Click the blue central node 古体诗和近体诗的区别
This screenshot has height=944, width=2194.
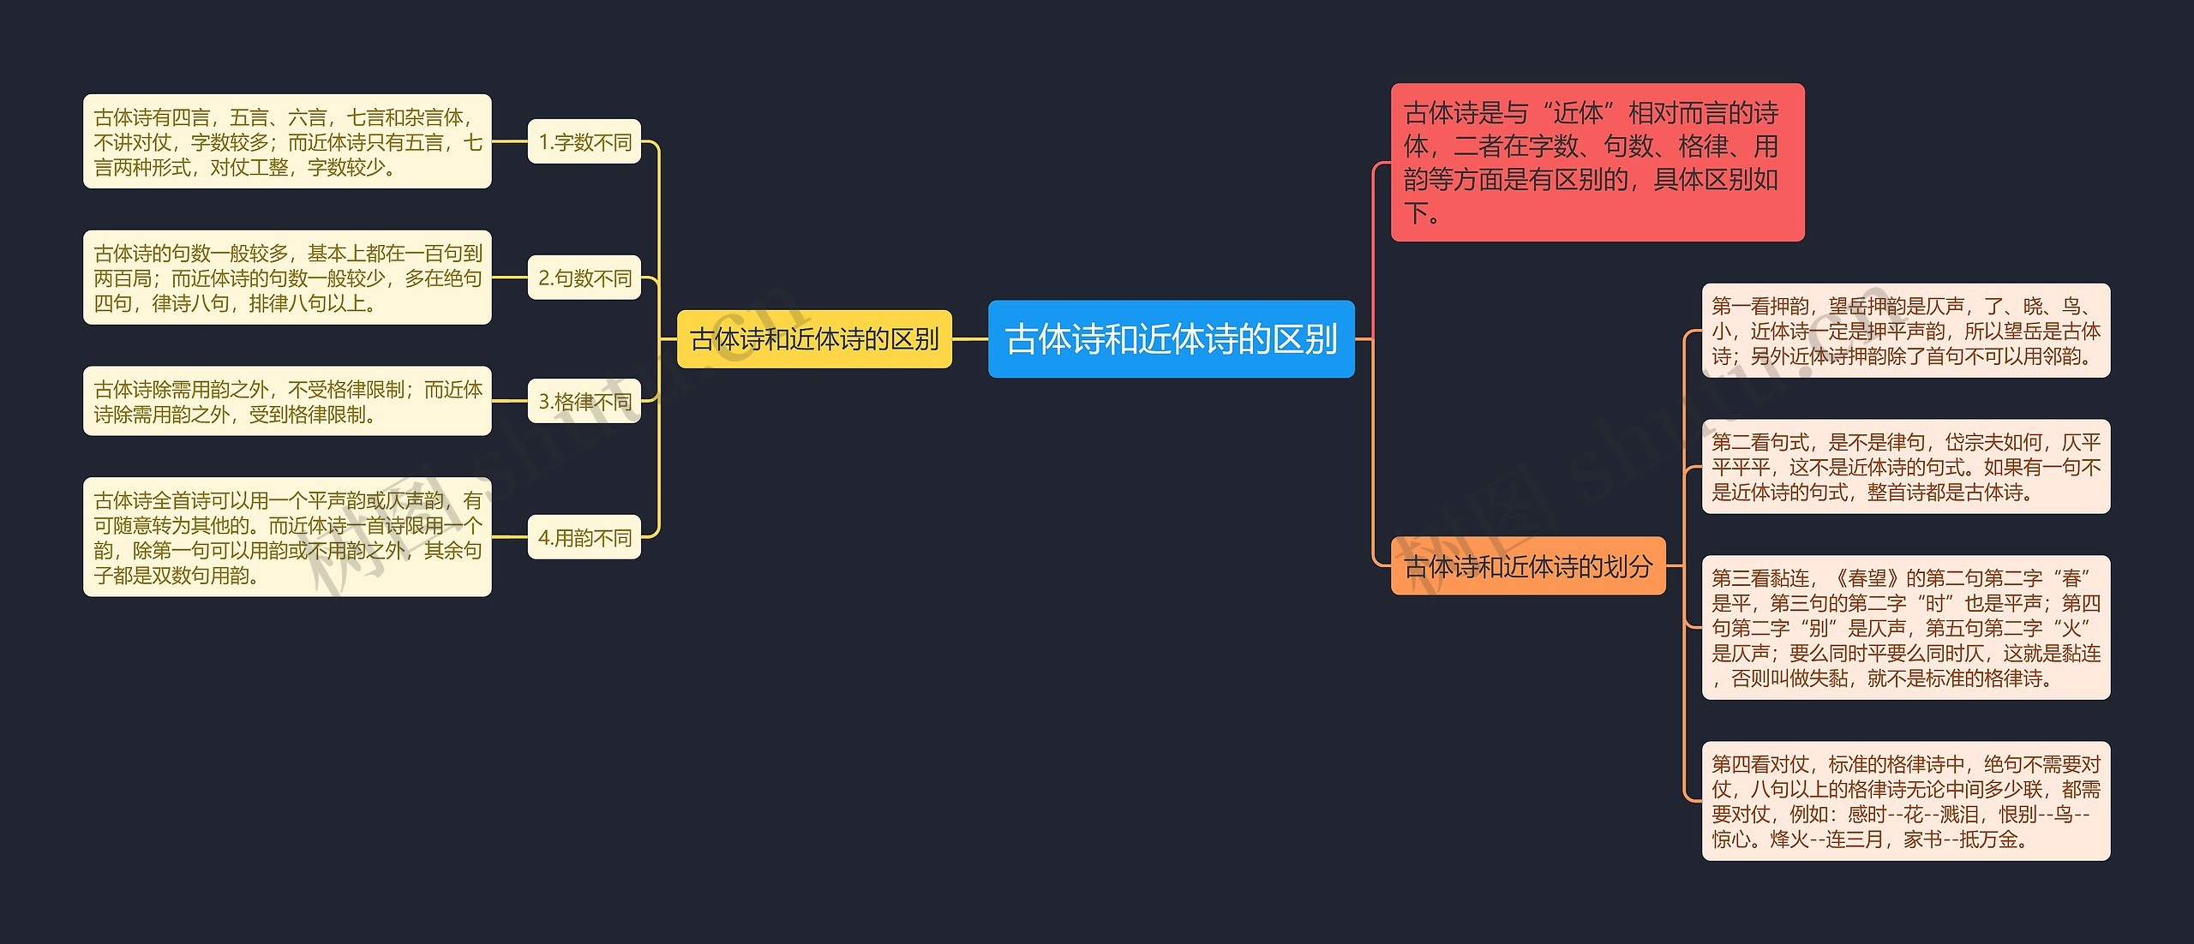pos(1171,339)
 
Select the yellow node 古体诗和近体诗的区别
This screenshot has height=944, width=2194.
pos(814,339)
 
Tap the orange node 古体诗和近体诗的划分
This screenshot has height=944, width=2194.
pos(1528,565)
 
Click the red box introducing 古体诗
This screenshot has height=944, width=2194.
pos(1597,162)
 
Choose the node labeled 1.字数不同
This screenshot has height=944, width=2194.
pos(584,141)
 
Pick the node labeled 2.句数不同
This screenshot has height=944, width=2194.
pos(584,278)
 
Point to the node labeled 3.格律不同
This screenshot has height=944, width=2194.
pos(584,401)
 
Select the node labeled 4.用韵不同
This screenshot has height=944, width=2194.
pos(584,537)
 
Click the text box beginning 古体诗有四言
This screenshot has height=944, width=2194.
pos(287,141)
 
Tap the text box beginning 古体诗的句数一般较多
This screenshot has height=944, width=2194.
pos(287,278)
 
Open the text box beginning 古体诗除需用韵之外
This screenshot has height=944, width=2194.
pos(287,401)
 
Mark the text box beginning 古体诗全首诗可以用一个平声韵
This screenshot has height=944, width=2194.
pos(287,537)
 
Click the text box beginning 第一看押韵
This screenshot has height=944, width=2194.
pos(1905,331)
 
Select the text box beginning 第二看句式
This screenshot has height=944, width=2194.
pos(1905,467)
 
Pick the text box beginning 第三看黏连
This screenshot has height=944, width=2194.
pos(1905,628)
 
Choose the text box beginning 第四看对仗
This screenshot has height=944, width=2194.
pos(1905,801)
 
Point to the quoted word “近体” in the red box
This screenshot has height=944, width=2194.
pos(1578,113)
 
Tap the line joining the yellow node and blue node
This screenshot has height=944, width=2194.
pos(970,339)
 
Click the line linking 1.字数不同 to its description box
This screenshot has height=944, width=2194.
pos(510,141)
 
